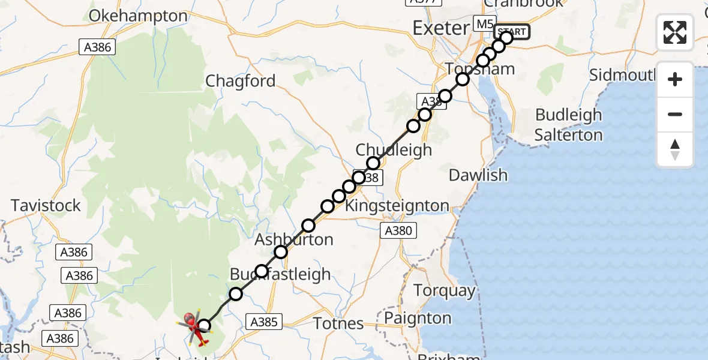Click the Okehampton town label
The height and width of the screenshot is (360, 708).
tap(138, 16)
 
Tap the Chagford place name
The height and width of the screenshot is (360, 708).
tap(241, 81)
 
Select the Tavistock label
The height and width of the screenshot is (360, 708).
tap(46, 206)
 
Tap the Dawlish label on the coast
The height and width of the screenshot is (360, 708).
tap(478, 175)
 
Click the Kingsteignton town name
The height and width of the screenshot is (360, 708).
tap(398, 206)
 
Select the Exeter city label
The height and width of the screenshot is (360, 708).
tap(441, 28)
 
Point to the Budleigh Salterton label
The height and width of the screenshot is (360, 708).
tap(569, 125)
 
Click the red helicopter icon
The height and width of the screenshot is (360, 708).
tap(194, 328)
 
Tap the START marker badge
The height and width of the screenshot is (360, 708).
tap(511, 31)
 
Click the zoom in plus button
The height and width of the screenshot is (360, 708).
tap(675, 79)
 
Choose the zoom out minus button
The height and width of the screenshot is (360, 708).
tap(675, 114)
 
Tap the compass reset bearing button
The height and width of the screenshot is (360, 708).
tap(675, 149)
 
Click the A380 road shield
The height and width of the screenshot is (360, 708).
tap(398, 230)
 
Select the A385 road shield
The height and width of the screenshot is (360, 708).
tap(263, 322)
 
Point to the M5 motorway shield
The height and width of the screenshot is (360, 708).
tap(482, 24)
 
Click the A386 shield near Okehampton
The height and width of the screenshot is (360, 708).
tap(98, 47)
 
